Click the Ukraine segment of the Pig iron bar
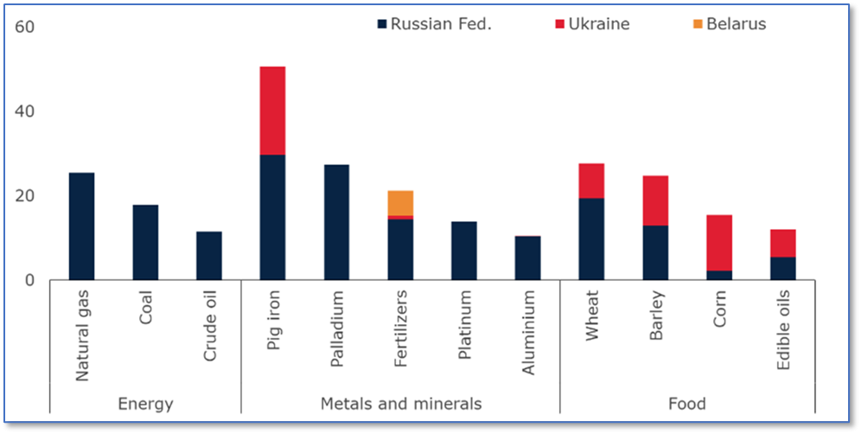[272, 111]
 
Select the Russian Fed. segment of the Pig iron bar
[272, 217]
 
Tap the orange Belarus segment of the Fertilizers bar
[400, 202]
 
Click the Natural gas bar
[81, 227]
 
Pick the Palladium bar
[336, 222]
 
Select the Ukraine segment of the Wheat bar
[591, 181]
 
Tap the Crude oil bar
[208, 256]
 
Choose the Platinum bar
[464, 251]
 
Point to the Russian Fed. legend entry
[434, 24]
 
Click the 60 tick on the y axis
[24, 28]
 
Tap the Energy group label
[145, 404]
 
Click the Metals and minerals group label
[401, 404]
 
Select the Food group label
[687, 404]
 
